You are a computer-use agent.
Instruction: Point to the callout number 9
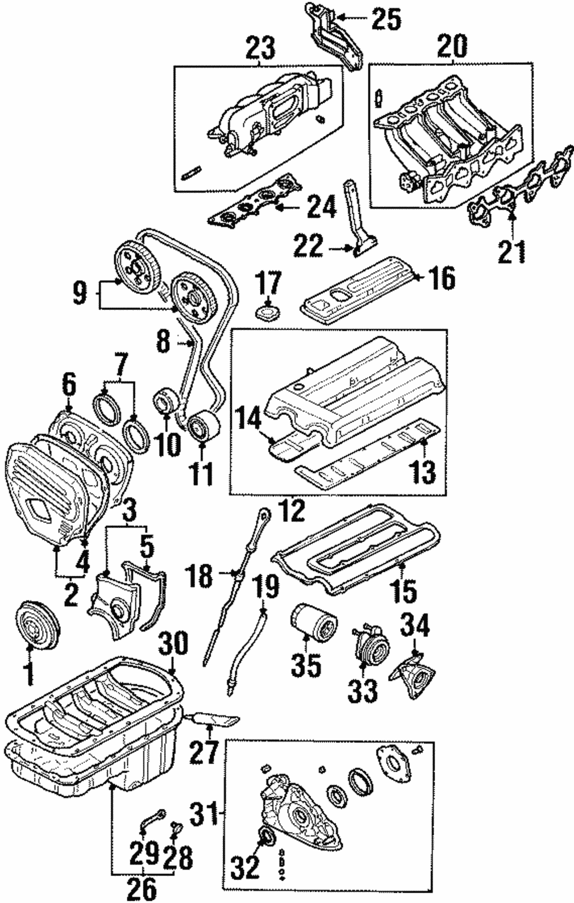pos(80,294)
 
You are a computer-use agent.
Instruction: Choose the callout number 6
pos(69,387)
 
